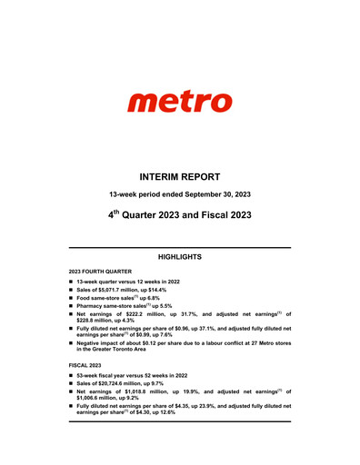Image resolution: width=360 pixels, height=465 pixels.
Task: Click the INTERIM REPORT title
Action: (180, 175)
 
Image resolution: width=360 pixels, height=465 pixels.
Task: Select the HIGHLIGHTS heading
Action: (180, 258)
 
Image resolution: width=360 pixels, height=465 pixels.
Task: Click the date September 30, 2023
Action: (215, 195)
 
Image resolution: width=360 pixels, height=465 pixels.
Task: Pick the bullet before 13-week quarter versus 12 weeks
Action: (70, 285)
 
